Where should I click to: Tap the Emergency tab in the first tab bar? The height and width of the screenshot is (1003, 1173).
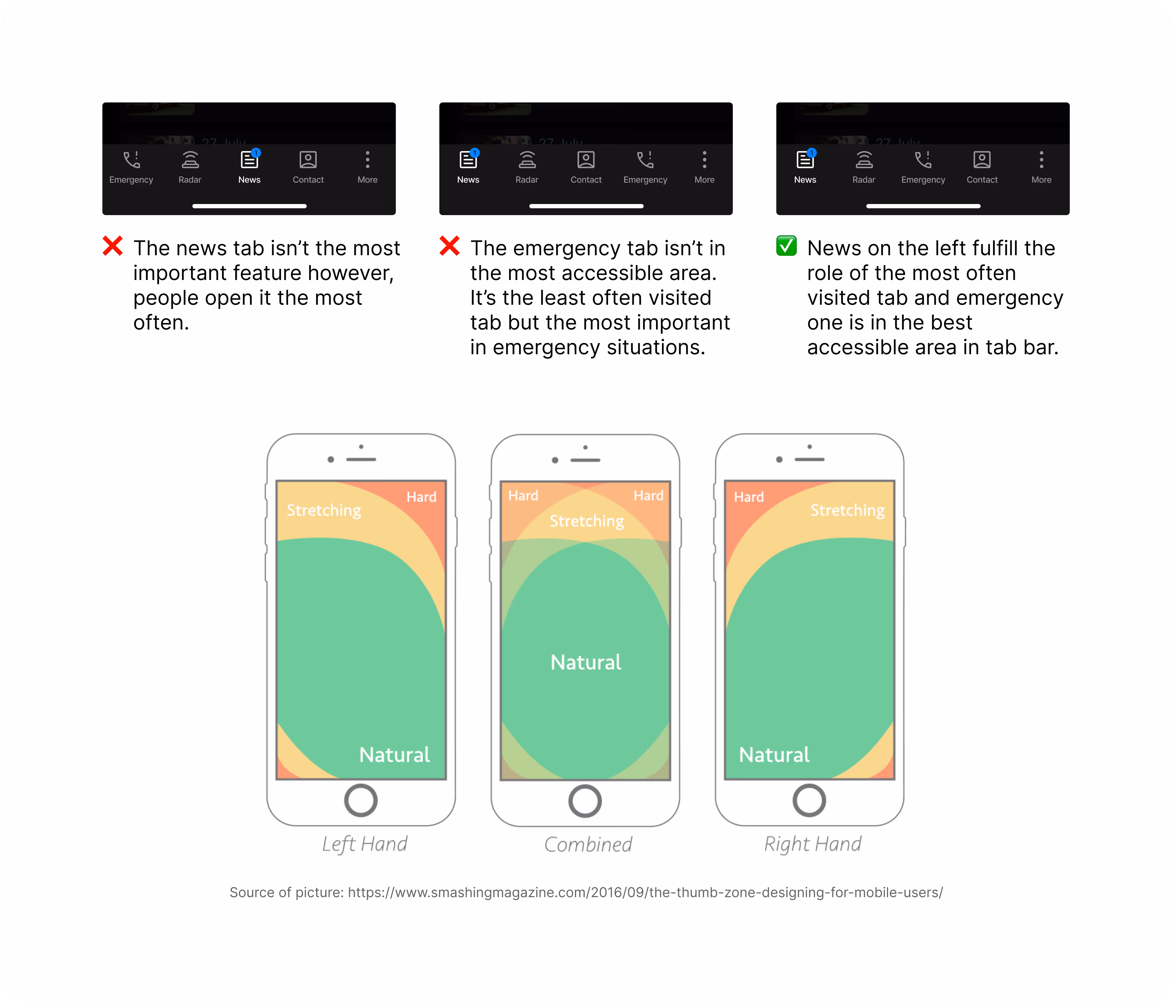pyautogui.click(x=131, y=167)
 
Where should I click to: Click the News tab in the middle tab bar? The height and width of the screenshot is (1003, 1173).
pyautogui.click(x=468, y=167)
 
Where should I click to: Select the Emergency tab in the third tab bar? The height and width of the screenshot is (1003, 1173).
pyautogui.click(x=923, y=167)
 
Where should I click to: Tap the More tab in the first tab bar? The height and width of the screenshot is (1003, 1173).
pyautogui.click(x=367, y=167)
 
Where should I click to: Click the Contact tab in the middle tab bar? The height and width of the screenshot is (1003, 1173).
pyautogui.click(x=586, y=167)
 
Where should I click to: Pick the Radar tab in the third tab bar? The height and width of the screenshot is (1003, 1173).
pyautogui.click(x=864, y=167)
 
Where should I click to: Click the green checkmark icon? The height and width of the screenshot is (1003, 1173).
pyautogui.click(x=786, y=246)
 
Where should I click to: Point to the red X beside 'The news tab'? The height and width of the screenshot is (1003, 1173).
pyautogui.click(x=113, y=246)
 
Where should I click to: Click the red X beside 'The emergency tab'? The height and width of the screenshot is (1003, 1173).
pyautogui.click(x=450, y=246)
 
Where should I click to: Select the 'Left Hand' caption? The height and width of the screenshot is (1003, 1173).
pyautogui.click(x=365, y=844)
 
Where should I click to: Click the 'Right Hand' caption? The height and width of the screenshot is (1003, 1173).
pyautogui.click(x=813, y=844)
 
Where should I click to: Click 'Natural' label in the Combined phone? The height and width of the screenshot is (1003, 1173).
pyautogui.click(x=586, y=662)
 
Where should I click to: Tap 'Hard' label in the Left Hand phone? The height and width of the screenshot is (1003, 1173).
pyautogui.click(x=421, y=497)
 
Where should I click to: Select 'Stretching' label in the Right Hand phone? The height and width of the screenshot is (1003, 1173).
pyautogui.click(x=847, y=510)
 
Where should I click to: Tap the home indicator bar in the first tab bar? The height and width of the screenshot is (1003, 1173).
pyautogui.click(x=249, y=206)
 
